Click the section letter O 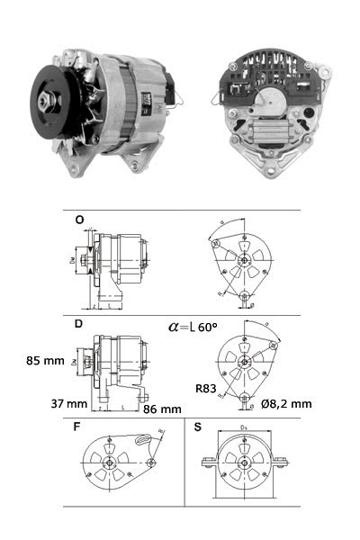tap(79, 218)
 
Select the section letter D tap(79, 321)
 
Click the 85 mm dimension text tap(46, 361)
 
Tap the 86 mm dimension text tap(162, 409)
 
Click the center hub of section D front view tap(246, 362)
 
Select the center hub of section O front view tap(246, 259)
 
